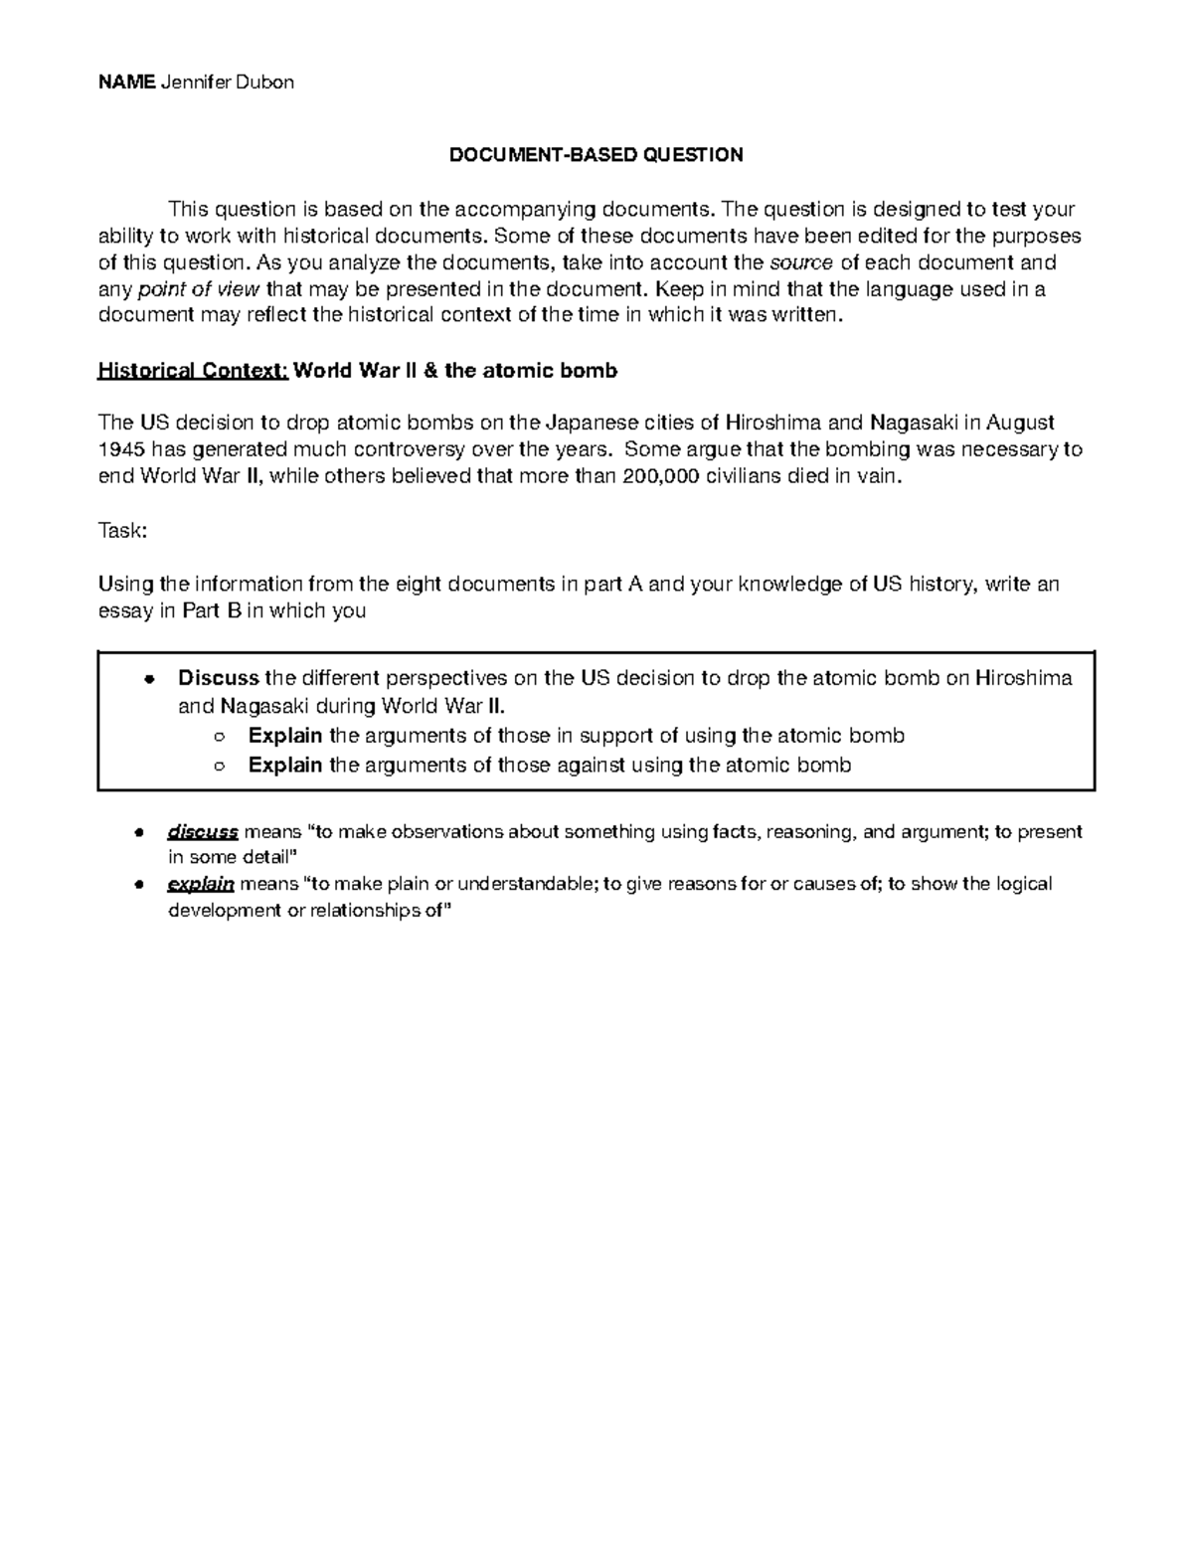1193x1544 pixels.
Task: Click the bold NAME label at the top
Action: click(125, 83)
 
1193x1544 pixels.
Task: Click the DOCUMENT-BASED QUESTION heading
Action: click(596, 155)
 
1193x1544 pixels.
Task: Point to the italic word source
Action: click(801, 262)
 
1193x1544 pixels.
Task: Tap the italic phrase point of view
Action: click(198, 289)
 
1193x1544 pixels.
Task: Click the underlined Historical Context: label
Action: click(193, 371)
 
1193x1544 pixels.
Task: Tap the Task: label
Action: click(122, 531)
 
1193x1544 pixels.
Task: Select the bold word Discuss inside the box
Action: click(219, 678)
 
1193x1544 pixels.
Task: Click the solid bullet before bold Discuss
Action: click(148, 680)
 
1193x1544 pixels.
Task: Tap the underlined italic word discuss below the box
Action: click(202, 831)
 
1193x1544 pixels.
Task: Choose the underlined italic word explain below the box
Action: click(200, 884)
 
